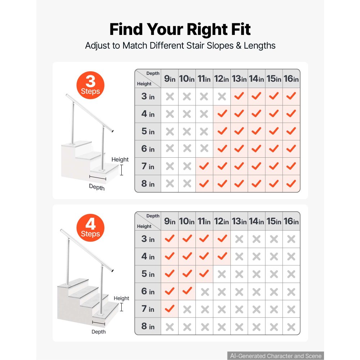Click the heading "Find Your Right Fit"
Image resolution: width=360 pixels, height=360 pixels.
coord(180,29)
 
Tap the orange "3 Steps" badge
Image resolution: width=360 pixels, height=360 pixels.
coord(90,85)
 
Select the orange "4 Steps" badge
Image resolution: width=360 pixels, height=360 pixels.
coord(90,228)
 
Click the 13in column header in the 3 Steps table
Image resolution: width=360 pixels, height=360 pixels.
coord(239,78)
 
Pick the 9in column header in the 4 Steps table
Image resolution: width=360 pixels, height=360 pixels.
coord(170,221)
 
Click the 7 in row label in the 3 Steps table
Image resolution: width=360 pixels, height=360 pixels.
coord(148,166)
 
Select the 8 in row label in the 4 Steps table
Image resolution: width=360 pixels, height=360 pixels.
coord(148,326)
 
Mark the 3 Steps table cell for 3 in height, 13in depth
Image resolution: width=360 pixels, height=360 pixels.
coord(239,96)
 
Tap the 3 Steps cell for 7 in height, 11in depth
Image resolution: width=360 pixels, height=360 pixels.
coord(204,166)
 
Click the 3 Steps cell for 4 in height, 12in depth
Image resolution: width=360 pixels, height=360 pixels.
coord(222,114)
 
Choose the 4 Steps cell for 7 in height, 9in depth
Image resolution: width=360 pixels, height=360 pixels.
coord(170,309)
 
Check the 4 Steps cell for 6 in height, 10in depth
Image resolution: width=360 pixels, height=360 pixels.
coord(187,291)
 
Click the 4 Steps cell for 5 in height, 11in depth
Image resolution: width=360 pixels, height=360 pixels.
coord(204,274)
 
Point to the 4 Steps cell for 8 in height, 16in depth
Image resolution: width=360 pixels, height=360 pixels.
coord(291,326)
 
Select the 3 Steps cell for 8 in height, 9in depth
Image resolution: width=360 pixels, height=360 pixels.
coord(170,184)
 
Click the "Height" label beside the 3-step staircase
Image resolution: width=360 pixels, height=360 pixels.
coord(120,159)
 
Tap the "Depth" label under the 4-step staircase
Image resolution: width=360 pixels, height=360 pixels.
coord(99,332)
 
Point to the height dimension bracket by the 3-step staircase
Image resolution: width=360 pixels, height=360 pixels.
coord(121,170)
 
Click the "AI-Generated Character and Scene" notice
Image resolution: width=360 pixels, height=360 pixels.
coord(276,356)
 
